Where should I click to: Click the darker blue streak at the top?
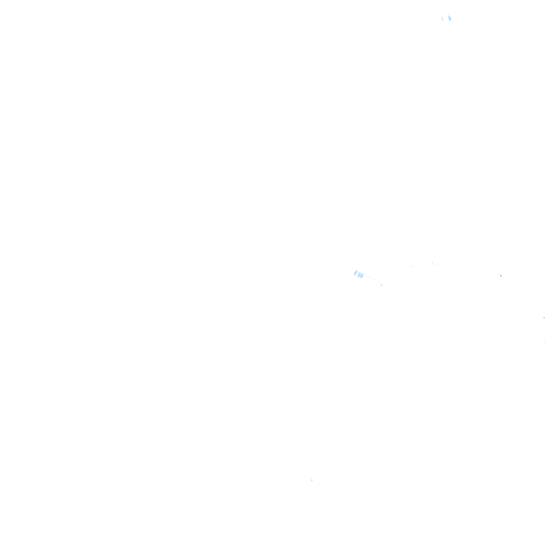click(449, 18)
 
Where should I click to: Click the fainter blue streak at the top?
click(443, 18)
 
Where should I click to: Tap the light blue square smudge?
click(360, 274)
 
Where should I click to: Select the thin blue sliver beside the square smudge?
click(354, 273)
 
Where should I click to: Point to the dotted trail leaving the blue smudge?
click(372, 279)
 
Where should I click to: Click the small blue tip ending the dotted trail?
click(381, 284)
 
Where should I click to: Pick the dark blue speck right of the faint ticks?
click(501, 275)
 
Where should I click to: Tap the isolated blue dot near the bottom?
click(312, 480)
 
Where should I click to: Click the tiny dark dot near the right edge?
click(544, 317)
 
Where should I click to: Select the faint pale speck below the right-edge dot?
click(544, 341)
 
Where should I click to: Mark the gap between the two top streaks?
click(445, 18)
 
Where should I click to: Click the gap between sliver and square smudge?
click(357, 274)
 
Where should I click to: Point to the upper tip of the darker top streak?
click(448, 15)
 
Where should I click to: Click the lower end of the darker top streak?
click(451, 21)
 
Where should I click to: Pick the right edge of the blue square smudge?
click(362, 275)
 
